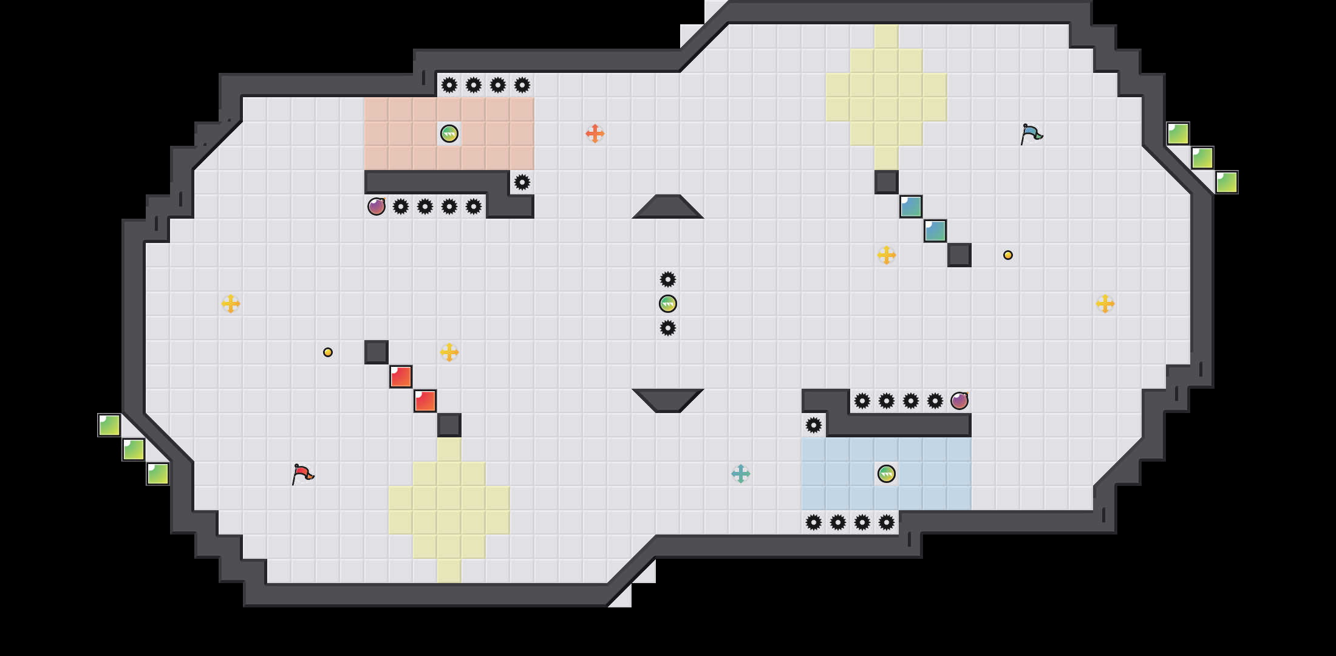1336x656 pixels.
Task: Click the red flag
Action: click(302, 473)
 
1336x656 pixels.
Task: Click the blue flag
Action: click(1031, 133)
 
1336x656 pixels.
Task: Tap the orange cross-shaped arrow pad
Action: click(595, 134)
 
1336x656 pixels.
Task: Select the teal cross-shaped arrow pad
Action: click(741, 474)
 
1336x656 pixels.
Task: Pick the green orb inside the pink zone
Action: click(449, 134)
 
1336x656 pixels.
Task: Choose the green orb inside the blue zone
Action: click(887, 474)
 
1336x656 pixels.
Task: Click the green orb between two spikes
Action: click(668, 304)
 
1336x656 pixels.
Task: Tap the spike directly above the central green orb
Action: click(668, 279)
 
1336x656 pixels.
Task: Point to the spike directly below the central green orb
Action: click(668, 328)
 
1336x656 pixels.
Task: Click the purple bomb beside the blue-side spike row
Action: click(959, 401)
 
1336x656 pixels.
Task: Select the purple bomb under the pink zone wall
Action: click(377, 207)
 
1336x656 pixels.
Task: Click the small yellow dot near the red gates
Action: click(328, 352)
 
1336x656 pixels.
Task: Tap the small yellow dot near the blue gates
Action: click(1008, 255)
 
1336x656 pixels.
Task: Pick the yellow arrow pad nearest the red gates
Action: click(449, 352)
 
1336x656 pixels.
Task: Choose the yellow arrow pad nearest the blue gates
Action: click(887, 255)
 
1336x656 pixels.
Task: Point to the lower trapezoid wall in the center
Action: click(668, 400)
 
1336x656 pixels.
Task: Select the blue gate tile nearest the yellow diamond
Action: click(911, 207)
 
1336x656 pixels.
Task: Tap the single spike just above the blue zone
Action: click(814, 425)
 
